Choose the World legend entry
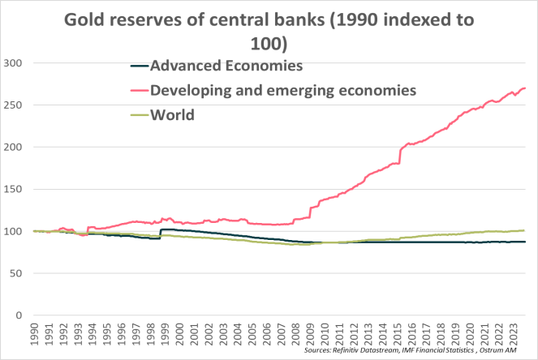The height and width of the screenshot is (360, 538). click(172, 114)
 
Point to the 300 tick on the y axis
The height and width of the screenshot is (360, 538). click(14, 62)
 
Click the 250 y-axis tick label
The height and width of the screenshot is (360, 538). click(14, 105)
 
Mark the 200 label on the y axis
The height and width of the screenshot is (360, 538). click(14, 147)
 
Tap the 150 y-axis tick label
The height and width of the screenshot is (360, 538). click(14, 189)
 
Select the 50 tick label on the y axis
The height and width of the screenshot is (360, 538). click(17, 273)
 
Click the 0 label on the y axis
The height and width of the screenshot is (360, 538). click(20, 315)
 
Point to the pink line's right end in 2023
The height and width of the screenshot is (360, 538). click(525, 88)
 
